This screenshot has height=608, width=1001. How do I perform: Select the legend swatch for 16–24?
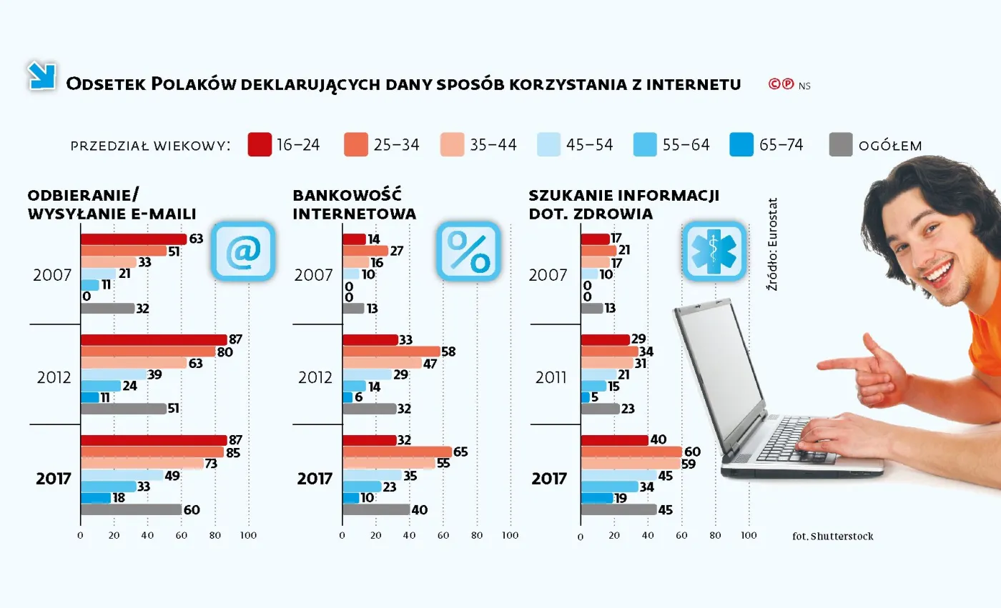click(x=260, y=145)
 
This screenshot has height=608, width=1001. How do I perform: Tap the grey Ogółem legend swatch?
click(x=842, y=145)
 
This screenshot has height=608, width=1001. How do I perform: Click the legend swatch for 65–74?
click(x=742, y=145)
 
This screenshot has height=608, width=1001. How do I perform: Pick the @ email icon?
click(x=242, y=251)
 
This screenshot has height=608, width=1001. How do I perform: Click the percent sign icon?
click(x=468, y=251)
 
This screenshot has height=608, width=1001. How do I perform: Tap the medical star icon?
click(x=714, y=251)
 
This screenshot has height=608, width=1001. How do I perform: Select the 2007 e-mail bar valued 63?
click(x=133, y=239)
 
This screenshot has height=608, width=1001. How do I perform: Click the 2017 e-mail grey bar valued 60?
click(x=131, y=509)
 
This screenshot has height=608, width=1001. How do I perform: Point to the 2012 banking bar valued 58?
click(x=390, y=352)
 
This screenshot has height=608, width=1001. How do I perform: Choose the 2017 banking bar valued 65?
click(x=397, y=452)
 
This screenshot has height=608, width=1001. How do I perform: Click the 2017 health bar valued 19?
click(x=596, y=498)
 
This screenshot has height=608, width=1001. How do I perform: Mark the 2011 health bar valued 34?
click(x=609, y=352)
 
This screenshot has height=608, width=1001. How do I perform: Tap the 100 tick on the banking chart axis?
click(x=510, y=535)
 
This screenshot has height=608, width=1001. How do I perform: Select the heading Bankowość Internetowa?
click(x=355, y=204)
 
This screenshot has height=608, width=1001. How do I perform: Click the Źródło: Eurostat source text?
click(x=772, y=244)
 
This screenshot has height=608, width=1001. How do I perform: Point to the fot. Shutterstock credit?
click(x=832, y=536)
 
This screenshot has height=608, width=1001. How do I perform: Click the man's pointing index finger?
click(x=833, y=364)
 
